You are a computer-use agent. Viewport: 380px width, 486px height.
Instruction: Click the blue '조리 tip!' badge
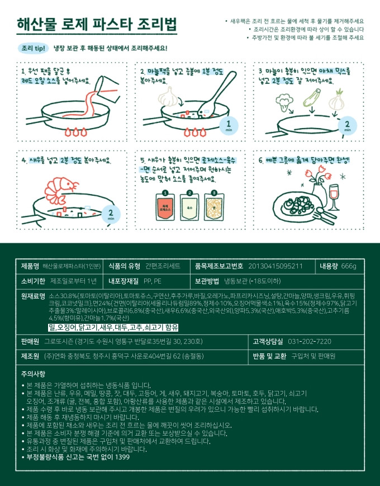click(33, 48)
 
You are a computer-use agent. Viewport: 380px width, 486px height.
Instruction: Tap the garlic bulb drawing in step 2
click(169, 96)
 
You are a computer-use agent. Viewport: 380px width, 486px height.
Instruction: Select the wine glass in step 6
click(334, 197)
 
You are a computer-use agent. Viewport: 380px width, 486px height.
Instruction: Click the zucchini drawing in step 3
click(312, 98)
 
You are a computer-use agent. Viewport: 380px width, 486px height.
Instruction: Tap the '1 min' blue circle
click(229, 125)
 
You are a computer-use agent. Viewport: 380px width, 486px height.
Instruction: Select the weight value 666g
click(349, 266)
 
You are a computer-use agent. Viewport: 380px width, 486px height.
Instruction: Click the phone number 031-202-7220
click(310, 342)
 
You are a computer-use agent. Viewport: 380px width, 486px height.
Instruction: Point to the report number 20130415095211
click(275, 266)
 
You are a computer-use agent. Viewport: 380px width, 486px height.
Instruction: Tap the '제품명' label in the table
click(30, 266)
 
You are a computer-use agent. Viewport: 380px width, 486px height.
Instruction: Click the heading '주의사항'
click(33, 374)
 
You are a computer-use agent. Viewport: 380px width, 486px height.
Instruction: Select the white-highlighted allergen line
click(113, 327)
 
